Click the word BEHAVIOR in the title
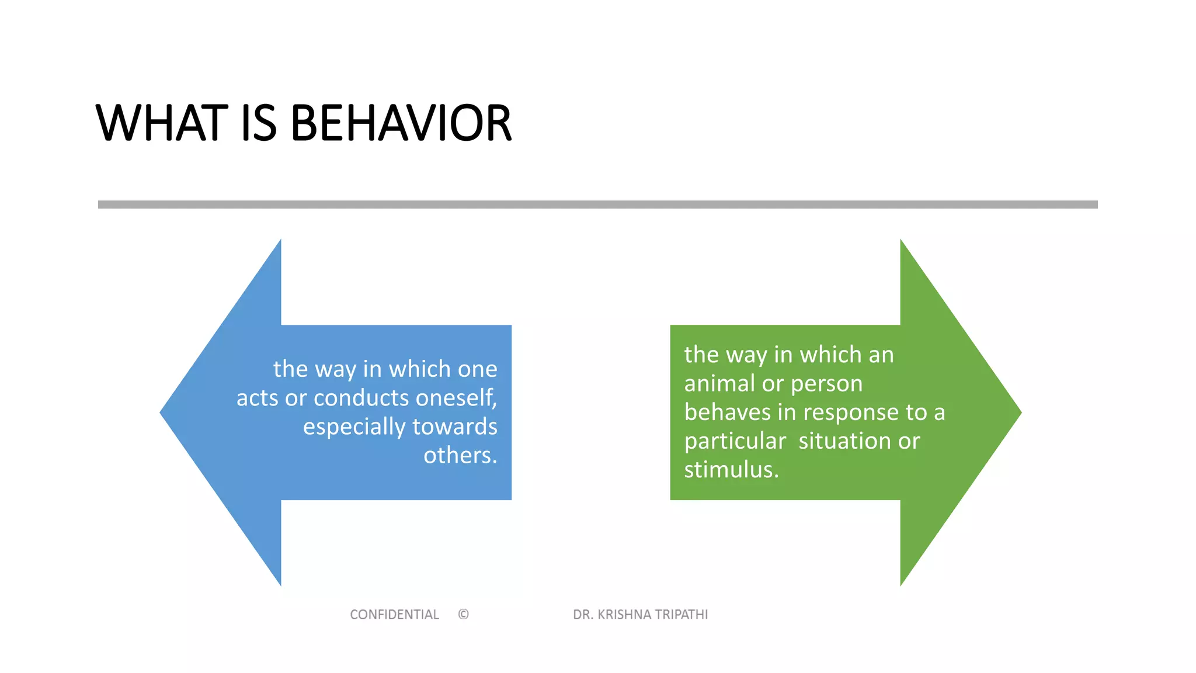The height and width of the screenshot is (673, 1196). [x=401, y=123]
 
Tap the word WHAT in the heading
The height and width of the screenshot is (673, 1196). [x=162, y=123]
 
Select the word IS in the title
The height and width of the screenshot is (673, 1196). [x=258, y=123]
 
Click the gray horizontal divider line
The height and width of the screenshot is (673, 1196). [x=597, y=204]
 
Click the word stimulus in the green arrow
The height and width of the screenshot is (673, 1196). [x=730, y=470]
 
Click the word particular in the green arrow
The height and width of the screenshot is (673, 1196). [x=735, y=441]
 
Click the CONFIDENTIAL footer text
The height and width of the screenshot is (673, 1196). [x=394, y=615]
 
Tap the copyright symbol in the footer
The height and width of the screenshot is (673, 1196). [x=463, y=615]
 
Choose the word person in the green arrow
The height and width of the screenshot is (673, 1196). [x=826, y=384]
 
